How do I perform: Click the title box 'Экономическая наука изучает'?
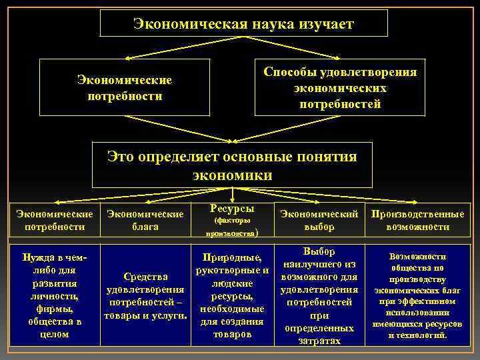(x=243, y=25)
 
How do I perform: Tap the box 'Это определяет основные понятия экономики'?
(x=232, y=165)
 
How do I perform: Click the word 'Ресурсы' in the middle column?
(x=231, y=208)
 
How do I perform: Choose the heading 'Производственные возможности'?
(x=418, y=221)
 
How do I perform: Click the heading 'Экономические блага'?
(x=145, y=221)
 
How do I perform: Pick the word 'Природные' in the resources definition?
(x=231, y=258)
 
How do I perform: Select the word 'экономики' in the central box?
(x=232, y=175)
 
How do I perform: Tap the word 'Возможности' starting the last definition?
(x=417, y=256)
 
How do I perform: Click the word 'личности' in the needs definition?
(x=54, y=296)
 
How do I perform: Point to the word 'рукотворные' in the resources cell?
(x=225, y=271)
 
